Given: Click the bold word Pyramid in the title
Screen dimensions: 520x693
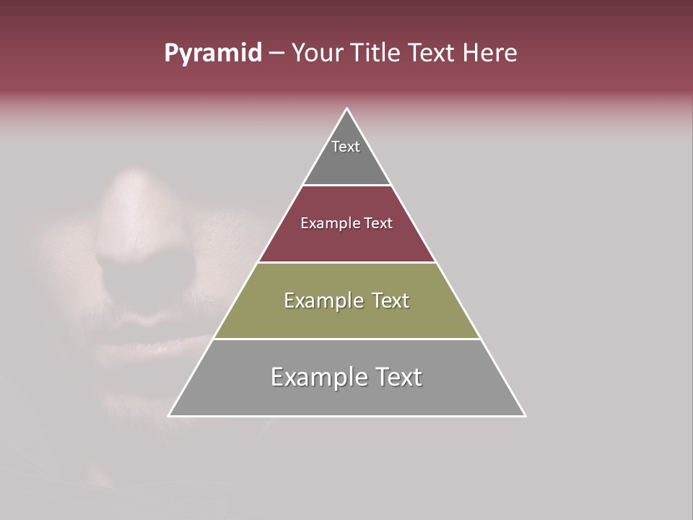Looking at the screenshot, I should click(x=212, y=53).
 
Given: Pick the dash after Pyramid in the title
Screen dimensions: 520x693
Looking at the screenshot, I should click(x=276, y=53).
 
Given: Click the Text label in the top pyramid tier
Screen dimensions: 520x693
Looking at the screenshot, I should click(x=346, y=147).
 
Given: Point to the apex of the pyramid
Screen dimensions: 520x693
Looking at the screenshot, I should click(x=347, y=109).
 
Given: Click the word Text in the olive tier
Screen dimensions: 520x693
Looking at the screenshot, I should click(x=391, y=300).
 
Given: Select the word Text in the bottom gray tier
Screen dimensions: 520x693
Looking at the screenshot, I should click(x=397, y=377).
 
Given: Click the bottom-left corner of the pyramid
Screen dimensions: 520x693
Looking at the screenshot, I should click(x=170, y=415).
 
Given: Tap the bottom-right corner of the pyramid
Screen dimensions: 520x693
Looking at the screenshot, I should click(x=525, y=415).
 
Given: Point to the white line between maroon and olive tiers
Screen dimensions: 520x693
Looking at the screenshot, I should click(x=347, y=262).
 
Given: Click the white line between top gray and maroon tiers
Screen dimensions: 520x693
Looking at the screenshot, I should click(x=347, y=186).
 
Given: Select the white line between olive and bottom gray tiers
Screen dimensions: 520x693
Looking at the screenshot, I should click(x=347, y=339).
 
